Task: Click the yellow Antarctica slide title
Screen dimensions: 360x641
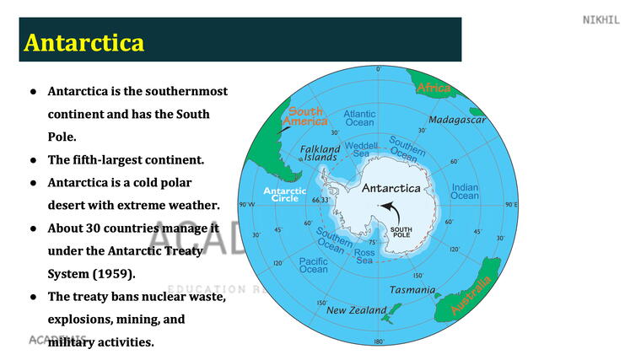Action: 84,42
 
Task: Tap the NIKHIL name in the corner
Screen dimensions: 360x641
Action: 601,19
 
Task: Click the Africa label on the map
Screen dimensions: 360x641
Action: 434,88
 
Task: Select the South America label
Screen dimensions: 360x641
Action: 306,117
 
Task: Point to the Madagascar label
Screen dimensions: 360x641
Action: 457,120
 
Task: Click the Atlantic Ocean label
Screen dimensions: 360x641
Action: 359,118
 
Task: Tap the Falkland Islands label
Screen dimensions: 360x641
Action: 320,153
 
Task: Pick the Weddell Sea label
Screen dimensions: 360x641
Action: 361,149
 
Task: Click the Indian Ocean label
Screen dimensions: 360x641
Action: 465,191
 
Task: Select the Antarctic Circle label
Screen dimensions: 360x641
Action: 284,196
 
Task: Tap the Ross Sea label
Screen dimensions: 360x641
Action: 364,256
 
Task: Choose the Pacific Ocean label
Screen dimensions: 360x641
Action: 314,265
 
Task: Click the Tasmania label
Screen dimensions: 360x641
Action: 412,290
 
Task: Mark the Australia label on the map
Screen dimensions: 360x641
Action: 471,296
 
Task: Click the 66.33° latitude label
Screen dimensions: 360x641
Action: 320,201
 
